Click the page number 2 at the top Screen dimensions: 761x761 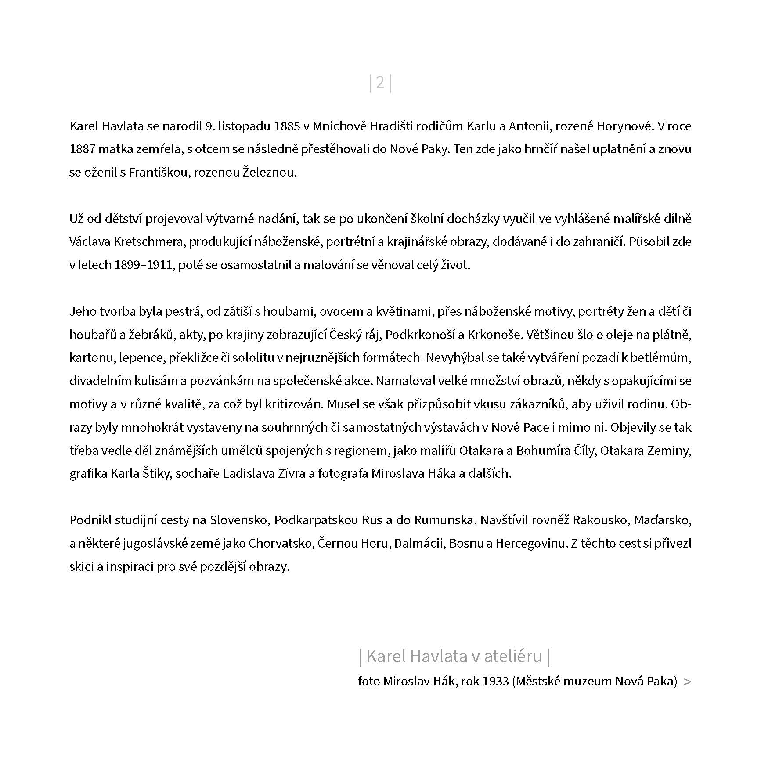tap(380, 83)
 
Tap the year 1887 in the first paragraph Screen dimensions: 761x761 tap(82, 149)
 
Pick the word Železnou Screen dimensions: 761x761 tap(270, 172)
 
